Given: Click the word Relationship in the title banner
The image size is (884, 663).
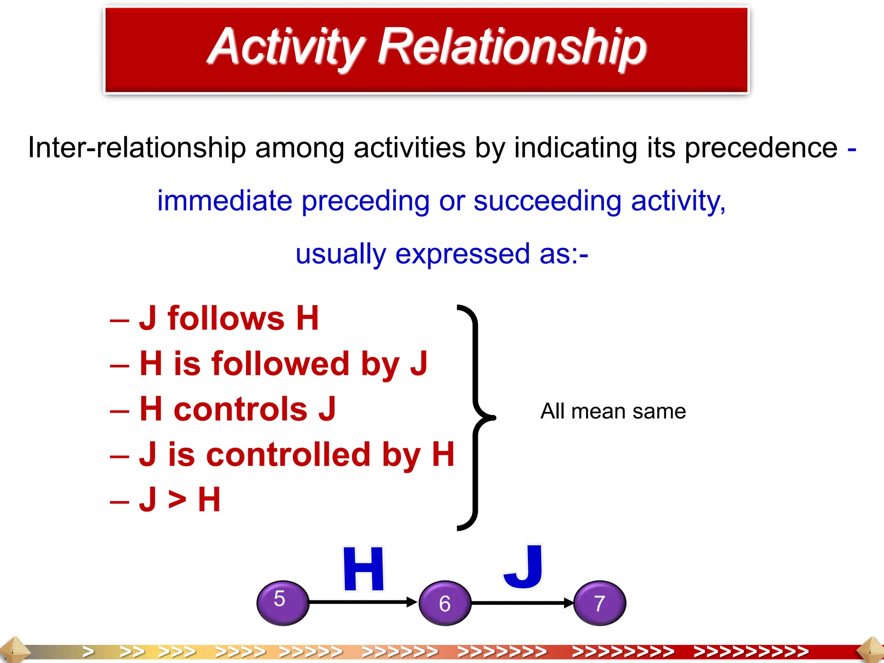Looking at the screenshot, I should (512, 47).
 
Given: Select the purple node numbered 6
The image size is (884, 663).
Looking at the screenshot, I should (445, 603).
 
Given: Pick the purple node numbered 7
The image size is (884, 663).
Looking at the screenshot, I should (600, 603).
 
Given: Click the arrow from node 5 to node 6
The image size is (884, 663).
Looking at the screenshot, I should (363, 602).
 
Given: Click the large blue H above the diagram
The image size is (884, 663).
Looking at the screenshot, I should (363, 569).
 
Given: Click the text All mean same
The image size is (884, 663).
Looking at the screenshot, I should (613, 411).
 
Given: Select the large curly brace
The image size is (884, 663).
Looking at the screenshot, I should (476, 417).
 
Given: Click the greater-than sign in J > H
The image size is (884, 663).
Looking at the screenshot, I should (177, 500).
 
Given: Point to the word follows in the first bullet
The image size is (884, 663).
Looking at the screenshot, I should (226, 319).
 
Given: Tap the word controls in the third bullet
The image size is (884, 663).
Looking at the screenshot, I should (240, 409).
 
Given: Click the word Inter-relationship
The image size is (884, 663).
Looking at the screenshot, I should (137, 148).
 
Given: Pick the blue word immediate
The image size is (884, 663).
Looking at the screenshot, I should (224, 201).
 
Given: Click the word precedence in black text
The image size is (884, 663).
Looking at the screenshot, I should (761, 148).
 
